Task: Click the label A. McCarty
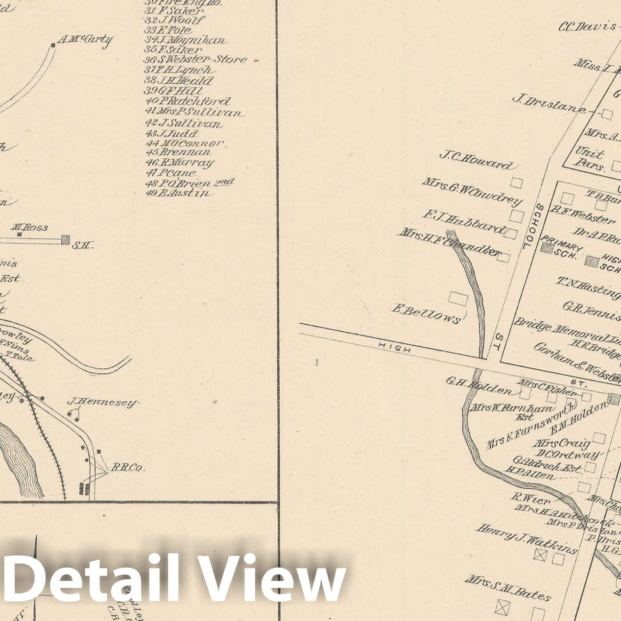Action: tap(85, 39)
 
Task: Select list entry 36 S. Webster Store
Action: tap(195, 60)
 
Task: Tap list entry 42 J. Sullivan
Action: tap(184, 123)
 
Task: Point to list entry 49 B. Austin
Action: tap(180, 193)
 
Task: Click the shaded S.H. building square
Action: tap(65, 240)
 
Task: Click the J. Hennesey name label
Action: tap(102, 403)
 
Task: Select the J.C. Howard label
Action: tap(476, 160)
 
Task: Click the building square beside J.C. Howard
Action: tap(517, 183)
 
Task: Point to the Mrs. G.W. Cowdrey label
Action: tap(472, 192)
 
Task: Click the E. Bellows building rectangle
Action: tap(458, 298)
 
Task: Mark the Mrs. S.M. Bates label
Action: tap(507, 587)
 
